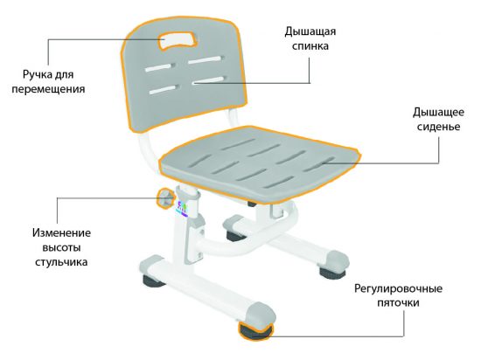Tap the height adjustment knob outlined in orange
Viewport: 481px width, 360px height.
click(x=164, y=198)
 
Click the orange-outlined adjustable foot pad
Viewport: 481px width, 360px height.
click(x=254, y=331)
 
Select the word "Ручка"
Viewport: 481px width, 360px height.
click(x=35, y=75)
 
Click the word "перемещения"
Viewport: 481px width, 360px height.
click(x=48, y=89)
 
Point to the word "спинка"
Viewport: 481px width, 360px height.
click(x=310, y=46)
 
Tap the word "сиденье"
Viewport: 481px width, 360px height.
click(x=439, y=127)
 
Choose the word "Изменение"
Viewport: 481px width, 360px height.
click(x=61, y=233)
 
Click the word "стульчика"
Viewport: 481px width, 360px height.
click(x=61, y=262)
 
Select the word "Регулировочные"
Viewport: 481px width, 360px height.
click(x=398, y=289)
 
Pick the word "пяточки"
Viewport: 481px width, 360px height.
click(x=398, y=303)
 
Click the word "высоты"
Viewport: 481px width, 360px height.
click(x=61, y=248)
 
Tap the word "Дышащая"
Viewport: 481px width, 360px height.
click(x=310, y=31)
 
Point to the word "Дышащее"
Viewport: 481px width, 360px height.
click(x=438, y=113)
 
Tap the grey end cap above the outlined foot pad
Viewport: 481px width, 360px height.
click(x=260, y=314)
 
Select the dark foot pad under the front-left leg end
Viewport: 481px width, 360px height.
click(x=153, y=281)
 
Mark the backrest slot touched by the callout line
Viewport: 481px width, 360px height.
click(x=209, y=80)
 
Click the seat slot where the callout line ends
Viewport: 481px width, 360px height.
click(x=321, y=164)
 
